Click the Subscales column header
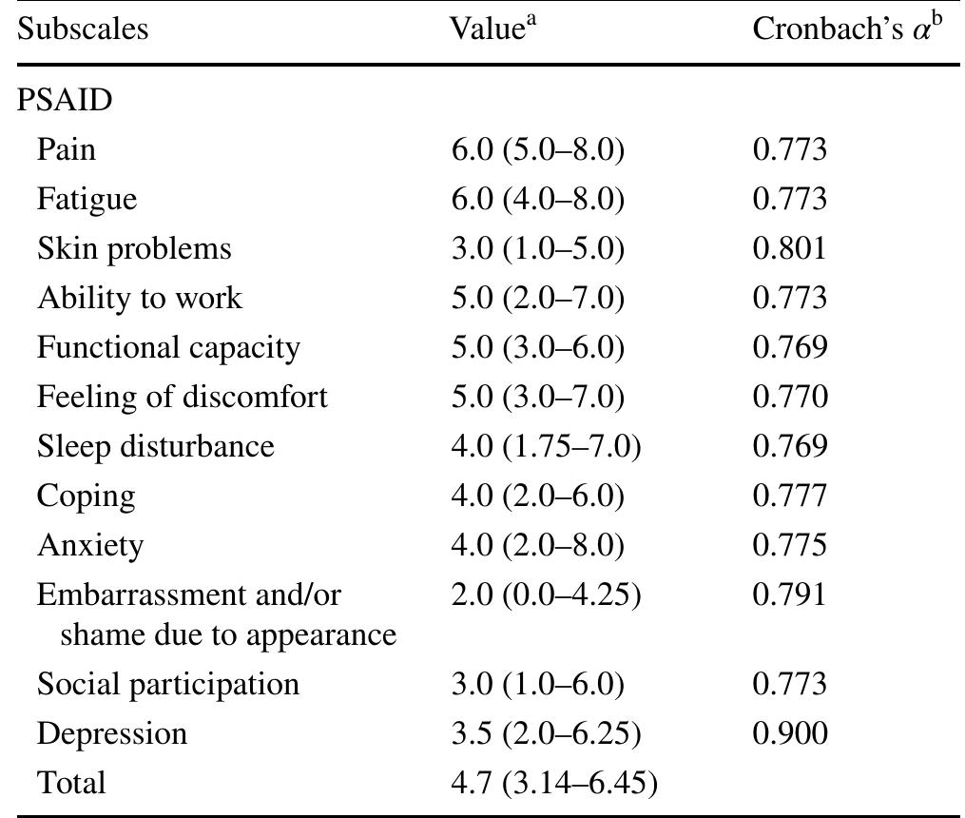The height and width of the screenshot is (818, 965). pyautogui.click(x=83, y=29)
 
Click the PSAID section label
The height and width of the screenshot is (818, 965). pyautogui.click(x=65, y=100)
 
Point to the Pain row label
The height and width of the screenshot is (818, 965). pyautogui.click(x=67, y=149)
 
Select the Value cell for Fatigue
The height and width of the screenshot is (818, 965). pyautogui.click(x=538, y=199)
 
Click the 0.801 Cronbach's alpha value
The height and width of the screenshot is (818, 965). pyautogui.click(x=789, y=248)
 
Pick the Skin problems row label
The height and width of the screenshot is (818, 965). pyautogui.click(x=134, y=248)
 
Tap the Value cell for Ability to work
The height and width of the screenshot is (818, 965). pyautogui.click(x=538, y=298)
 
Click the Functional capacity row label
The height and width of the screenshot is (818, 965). pyautogui.click(x=168, y=347)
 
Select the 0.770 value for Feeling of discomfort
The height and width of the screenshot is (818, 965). pyautogui.click(x=789, y=397)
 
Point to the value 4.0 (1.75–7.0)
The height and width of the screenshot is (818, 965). pyautogui.click(x=546, y=446)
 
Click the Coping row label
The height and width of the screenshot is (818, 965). pyautogui.click(x=86, y=496)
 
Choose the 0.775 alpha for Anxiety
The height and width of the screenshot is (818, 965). pyautogui.click(x=789, y=545)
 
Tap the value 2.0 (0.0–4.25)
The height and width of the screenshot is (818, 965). pyautogui.click(x=546, y=594)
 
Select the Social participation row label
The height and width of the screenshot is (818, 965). pyautogui.click(x=168, y=684)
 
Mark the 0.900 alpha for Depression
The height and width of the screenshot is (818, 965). pyautogui.click(x=789, y=733)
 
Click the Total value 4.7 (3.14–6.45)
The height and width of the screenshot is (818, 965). pyautogui.click(x=554, y=783)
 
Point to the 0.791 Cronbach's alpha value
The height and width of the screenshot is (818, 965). pyautogui.click(x=789, y=594)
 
